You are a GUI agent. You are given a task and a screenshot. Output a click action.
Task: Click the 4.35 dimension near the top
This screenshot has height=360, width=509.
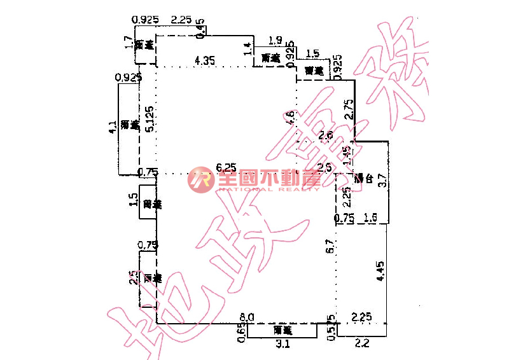pos(205,60)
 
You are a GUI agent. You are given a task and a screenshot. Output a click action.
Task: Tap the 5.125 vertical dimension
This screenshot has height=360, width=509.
pos(148,119)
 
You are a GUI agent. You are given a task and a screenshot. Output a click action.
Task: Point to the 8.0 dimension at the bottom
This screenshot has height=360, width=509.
pos(247,317)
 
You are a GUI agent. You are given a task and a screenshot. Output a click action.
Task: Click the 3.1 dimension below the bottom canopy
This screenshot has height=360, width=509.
pos(283,344)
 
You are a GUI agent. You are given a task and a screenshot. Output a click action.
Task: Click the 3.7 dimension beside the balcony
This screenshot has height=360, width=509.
pos(382,180)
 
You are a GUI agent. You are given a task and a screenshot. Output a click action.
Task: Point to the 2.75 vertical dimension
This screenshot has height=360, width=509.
pos(348,109)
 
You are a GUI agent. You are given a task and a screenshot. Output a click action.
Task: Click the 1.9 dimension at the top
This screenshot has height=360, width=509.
pos(275,41)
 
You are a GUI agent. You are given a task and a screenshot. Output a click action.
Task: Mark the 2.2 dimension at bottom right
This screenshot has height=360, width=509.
pos(361,344)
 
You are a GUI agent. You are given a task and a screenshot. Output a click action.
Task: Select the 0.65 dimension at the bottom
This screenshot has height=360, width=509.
pos(241,333)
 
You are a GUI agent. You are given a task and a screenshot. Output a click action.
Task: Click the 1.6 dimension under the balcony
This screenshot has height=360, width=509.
pos(371,218)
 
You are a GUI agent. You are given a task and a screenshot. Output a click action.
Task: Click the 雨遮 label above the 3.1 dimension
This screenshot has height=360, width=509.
pos(282,331)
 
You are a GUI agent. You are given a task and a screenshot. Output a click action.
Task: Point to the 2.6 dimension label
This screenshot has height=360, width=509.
pos(325,135)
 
